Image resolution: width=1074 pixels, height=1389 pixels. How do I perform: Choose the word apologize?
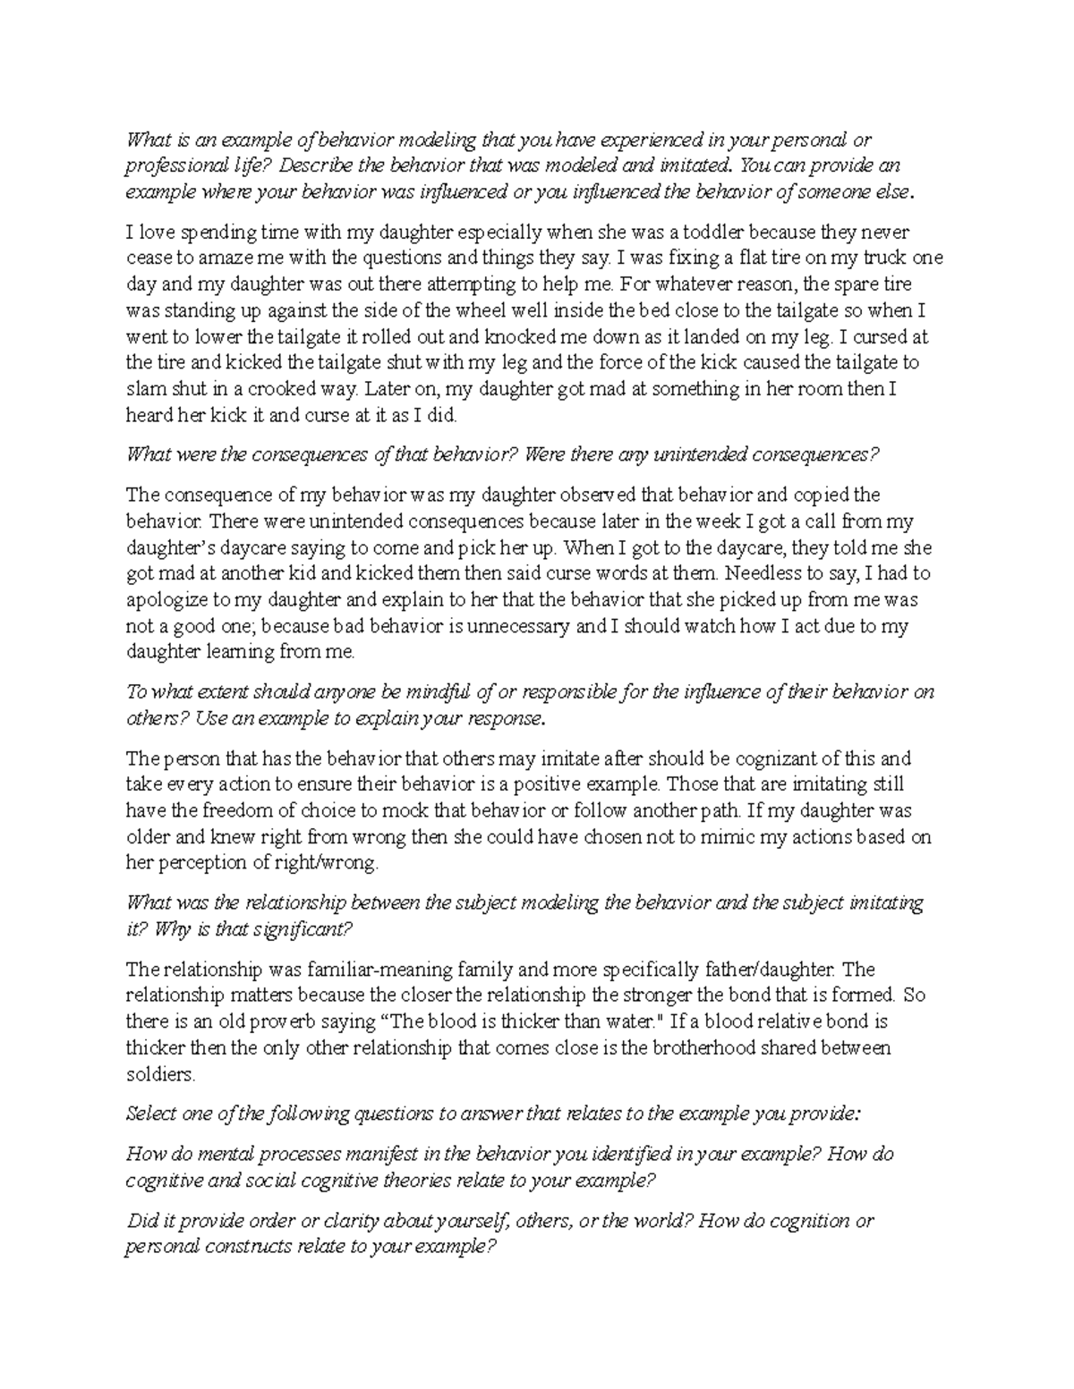(x=162, y=600)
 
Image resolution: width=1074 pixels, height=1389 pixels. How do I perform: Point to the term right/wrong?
(x=328, y=864)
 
